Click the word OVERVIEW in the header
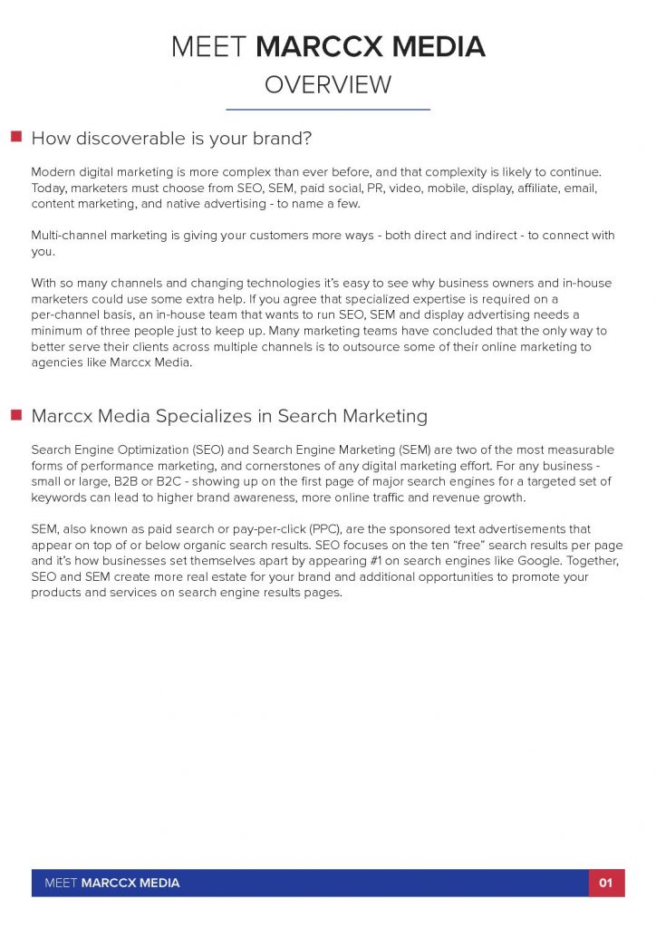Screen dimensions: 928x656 pyautogui.click(x=328, y=85)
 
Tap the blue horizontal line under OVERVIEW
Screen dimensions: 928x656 pyautogui.click(x=328, y=110)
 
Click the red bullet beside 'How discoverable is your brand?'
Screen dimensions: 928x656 pyautogui.click(x=15, y=137)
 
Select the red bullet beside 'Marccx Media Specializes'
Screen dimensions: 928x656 pyautogui.click(x=15, y=415)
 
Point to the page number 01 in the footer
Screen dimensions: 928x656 pyautogui.click(x=606, y=883)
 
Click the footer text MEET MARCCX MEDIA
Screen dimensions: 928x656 pyautogui.click(x=112, y=883)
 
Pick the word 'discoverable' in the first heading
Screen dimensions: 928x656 pyautogui.click(x=127, y=139)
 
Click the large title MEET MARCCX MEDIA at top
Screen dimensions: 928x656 pyautogui.click(x=328, y=46)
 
